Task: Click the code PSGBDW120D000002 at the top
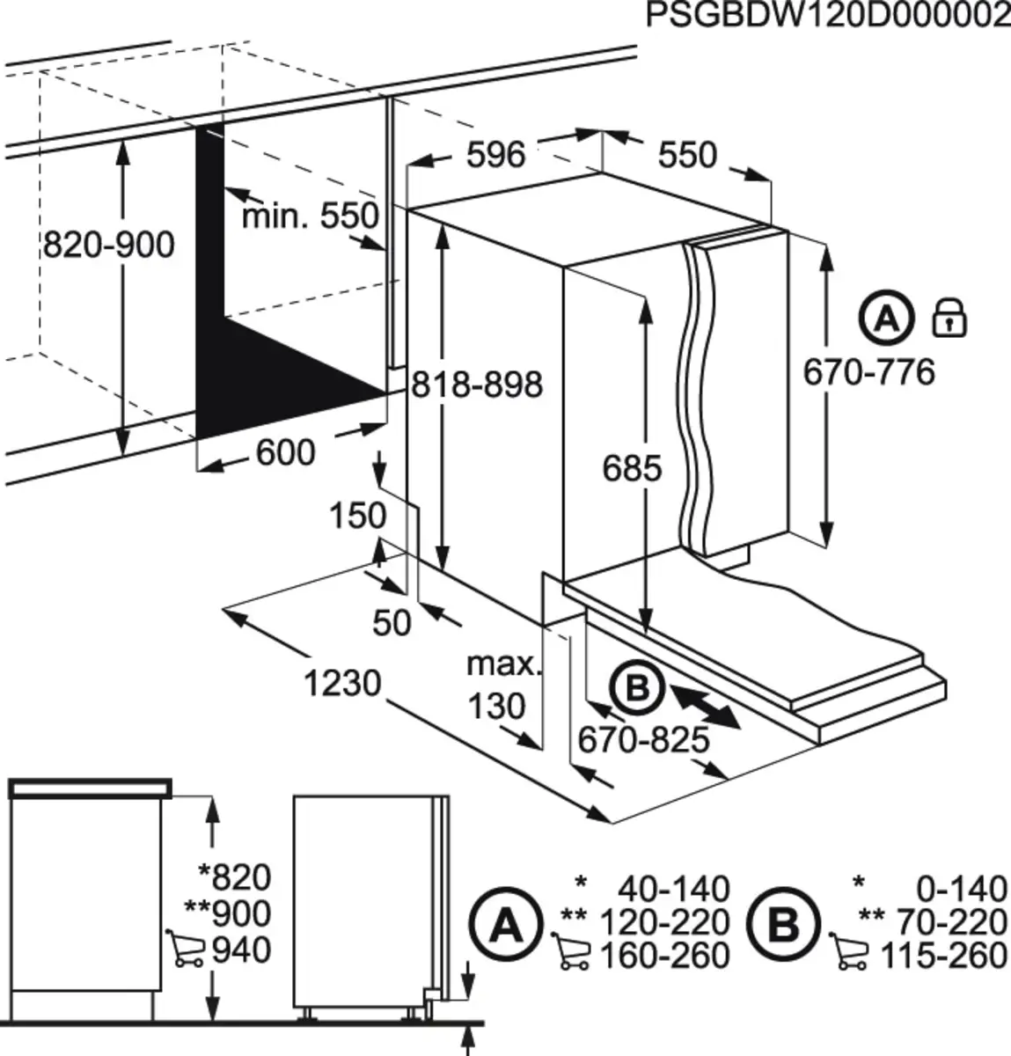point(828,16)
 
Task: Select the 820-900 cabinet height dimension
point(109,245)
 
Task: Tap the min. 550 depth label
point(310,216)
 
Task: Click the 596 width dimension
point(495,156)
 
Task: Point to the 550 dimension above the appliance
point(687,155)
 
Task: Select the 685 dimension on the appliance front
point(631,468)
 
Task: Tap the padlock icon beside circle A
point(949,317)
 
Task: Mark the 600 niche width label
point(285,452)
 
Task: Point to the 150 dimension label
point(357,516)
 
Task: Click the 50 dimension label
point(392,622)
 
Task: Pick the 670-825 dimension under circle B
point(642,741)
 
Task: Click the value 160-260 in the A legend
point(664,955)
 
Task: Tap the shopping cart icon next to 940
point(183,949)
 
